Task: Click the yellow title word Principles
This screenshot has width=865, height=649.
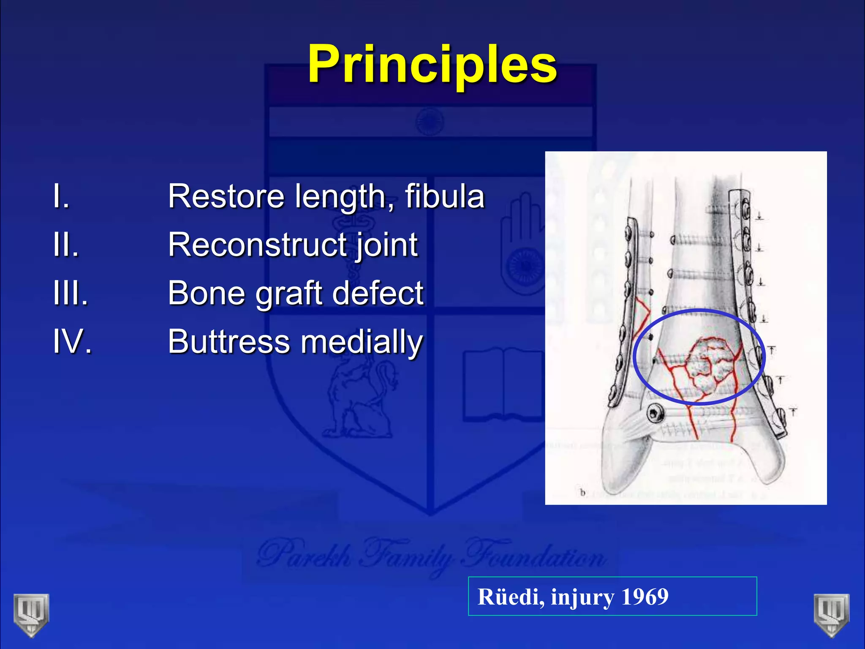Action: click(x=432, y=65)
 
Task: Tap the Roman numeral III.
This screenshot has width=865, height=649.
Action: click(x=71, y=293)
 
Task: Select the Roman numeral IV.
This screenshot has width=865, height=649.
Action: click(x=72, y=341)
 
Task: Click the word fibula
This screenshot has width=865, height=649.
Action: click(x=444, y=196)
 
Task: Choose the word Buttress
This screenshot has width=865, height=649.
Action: click(x=228, y=341)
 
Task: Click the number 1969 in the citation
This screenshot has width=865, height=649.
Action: click(x=645, y=597)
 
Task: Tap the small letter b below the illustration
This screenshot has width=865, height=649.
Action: click(x=583, y=493)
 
